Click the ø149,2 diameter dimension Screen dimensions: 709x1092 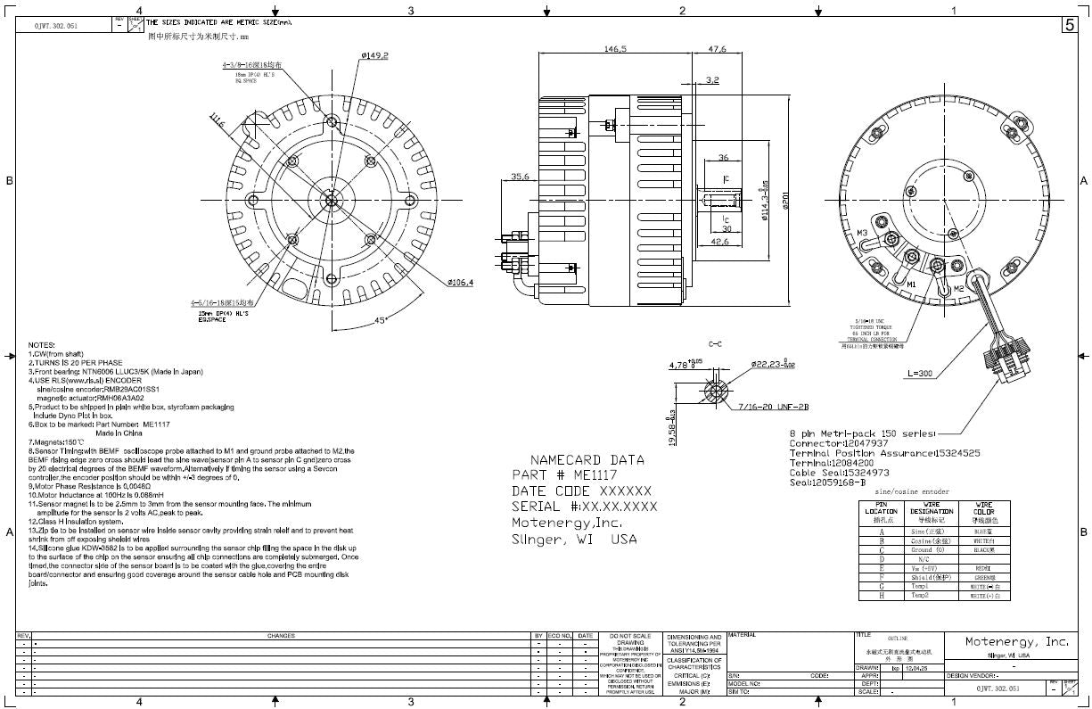[374, 55]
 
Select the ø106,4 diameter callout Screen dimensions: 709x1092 [460, 283]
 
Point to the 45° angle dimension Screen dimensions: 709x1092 [382, 320]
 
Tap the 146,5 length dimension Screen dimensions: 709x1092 [615, 49]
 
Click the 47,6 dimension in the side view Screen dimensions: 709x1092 [716, 49]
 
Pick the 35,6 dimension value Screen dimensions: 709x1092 [521, 177]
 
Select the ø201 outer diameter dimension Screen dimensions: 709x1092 [785, 201]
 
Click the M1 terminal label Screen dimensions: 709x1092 [911, 284]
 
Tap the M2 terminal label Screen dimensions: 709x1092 [958, 289]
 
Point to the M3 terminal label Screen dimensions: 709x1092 [862, 233]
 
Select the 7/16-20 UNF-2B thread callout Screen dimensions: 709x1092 [774, 407]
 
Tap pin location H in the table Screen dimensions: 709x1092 [881, 595]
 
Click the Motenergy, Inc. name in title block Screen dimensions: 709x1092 [1017, 641]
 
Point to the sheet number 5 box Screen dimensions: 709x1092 [1069, 25]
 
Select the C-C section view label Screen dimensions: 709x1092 [715, 343]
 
